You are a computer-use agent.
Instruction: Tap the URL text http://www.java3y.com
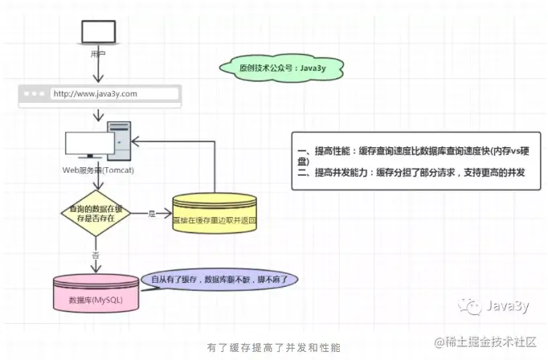[x=96, y=94]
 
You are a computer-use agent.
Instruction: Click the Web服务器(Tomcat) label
[x=98, y=171]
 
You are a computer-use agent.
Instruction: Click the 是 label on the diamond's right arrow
[x=151, y=214]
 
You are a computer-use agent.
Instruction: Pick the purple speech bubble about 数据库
[x=219, y=280]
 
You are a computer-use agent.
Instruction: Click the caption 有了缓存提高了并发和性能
[x=274, y=347]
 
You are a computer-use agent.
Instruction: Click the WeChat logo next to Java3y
[x=468, y=306]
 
